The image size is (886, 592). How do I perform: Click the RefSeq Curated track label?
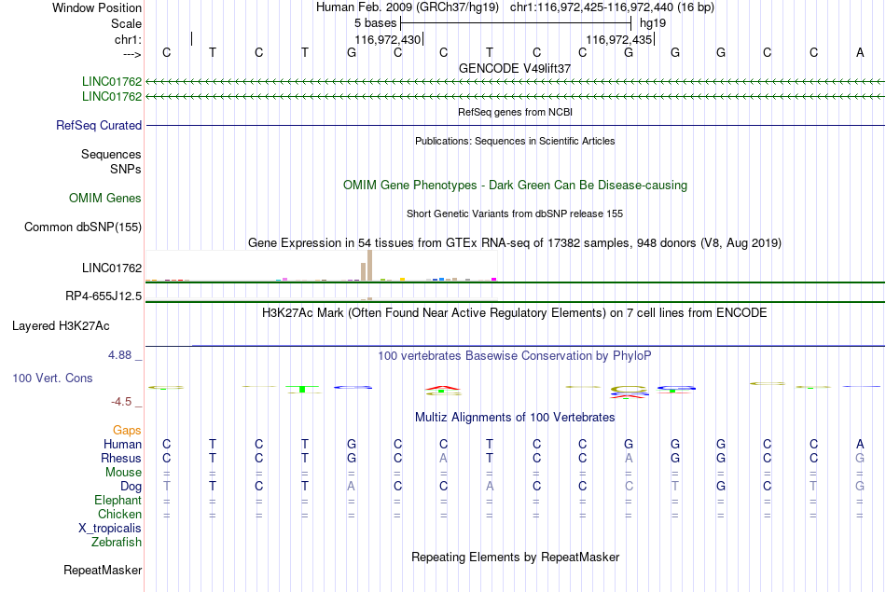point(99,126)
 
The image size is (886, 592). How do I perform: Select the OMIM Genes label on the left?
point(105,198)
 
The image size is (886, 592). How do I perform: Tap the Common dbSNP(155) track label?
point(83,227)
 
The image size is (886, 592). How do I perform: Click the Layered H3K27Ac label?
point(61,326)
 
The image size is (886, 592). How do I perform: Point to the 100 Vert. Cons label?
point(52,378)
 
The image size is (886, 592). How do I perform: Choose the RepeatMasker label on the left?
point(103,570)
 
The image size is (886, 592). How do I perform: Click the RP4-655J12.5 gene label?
point(104,296)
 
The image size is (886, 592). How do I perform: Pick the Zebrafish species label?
point(117,543)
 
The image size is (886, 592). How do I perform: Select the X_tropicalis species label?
point(110,529)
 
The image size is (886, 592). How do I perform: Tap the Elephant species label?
point(118,501)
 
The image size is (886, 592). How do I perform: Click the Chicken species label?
point(119,514)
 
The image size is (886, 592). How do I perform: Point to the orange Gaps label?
point(127,431)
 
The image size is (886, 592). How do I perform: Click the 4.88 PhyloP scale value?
point(119,355)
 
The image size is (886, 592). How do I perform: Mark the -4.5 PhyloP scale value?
point(121,402)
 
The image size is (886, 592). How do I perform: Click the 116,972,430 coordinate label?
point(388,39)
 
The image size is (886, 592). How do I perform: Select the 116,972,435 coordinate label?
point(618,39)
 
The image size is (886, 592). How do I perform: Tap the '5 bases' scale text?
point(375,23)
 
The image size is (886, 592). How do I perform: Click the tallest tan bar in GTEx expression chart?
point(369,265)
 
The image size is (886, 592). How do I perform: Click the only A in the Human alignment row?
point(860,445)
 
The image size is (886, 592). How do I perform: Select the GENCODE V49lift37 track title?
point(515,68)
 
